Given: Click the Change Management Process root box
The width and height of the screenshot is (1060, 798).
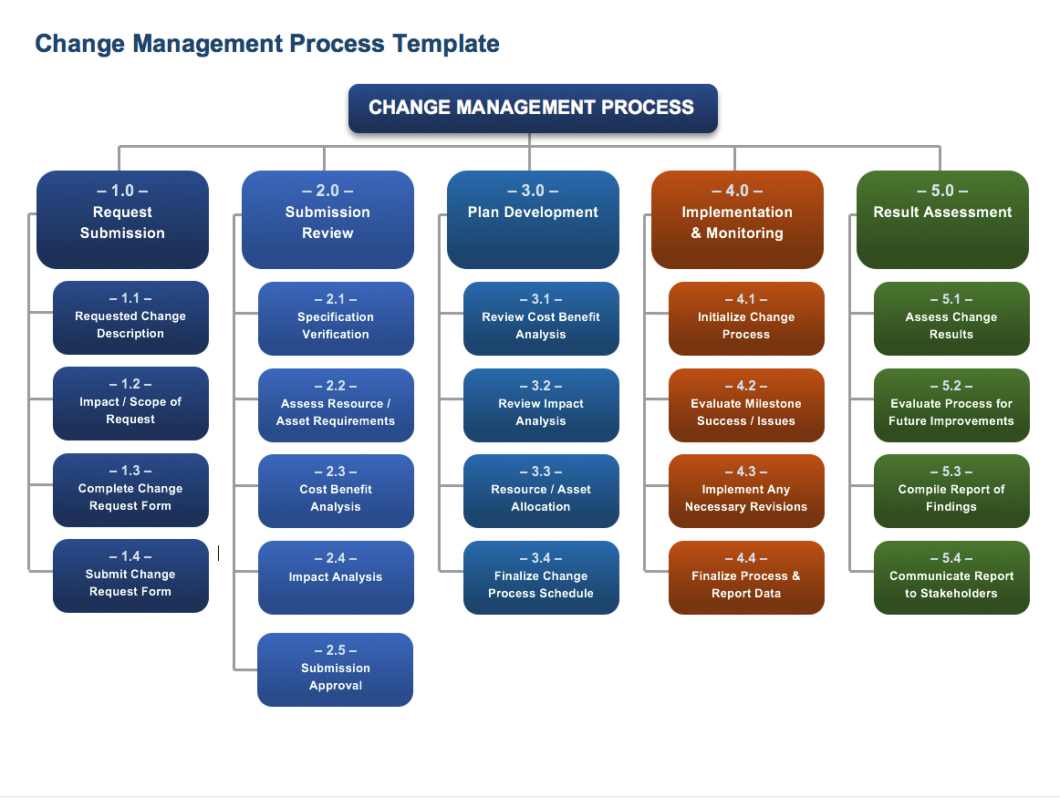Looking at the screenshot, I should [533, 108].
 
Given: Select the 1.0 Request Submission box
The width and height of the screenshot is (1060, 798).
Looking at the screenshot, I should [122, 220].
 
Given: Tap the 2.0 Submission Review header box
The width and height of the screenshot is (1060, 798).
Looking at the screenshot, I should [327, 220].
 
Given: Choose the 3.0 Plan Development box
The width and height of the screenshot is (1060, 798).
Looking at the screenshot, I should [533, 220].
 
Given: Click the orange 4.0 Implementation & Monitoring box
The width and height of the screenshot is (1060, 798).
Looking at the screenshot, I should [737, 220].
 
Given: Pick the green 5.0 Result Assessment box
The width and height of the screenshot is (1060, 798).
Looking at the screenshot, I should [942, 220].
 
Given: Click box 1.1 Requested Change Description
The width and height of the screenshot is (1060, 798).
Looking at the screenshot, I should [130, 317].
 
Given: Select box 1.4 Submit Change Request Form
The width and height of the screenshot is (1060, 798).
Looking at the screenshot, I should [130, 575].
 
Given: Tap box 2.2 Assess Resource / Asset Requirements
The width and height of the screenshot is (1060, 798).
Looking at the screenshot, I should [336, 405].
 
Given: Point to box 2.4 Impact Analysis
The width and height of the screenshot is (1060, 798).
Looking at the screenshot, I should [336, 577].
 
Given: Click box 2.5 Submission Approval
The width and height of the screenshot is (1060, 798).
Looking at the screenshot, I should [335, 669].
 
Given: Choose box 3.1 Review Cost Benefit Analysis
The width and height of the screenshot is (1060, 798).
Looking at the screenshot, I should [541, 318].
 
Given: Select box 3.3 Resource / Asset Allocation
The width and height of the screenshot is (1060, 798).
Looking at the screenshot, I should [541, 491].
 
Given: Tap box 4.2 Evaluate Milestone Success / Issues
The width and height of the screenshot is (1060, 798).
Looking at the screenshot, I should [746, 405].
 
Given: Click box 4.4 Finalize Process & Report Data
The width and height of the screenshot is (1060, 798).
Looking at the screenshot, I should [746, 577].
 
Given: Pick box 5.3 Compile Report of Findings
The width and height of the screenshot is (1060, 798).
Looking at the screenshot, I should [951, 491].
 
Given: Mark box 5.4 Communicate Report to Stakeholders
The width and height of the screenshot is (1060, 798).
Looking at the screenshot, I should [951, 577].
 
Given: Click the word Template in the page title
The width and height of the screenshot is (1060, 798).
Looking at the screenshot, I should [446, 43].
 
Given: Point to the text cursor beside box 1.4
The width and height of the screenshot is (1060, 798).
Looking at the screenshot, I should [218, 553].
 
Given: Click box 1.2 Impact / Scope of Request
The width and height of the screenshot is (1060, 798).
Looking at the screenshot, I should [130, 403].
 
